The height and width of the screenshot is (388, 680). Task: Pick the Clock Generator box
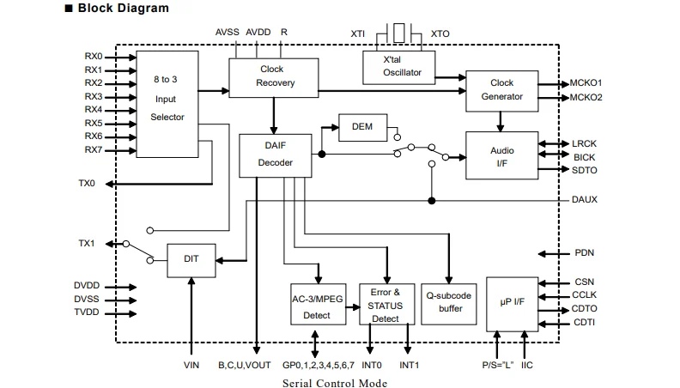pos(501,89)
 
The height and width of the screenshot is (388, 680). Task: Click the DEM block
pos(361,127)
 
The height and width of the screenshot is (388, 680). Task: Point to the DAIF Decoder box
pos(275,155)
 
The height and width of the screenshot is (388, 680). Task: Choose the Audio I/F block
pos(501,155)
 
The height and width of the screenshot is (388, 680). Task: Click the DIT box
pos(191,259)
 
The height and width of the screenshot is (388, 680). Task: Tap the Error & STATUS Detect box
pos(386,305)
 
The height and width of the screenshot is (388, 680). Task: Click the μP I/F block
pos(512,303)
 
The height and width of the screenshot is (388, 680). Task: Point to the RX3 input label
pos(93,97)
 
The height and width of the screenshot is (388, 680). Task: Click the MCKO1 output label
pos(586,83)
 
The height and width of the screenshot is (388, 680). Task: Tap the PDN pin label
pos(584,253)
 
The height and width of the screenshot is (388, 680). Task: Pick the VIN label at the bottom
pos(191,365)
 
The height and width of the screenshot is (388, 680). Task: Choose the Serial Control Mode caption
pos(335,382)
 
